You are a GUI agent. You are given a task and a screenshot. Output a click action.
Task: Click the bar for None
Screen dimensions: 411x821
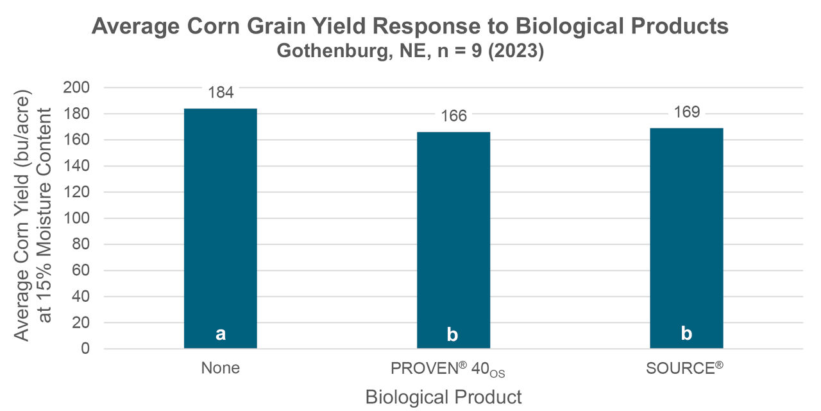point(220,228)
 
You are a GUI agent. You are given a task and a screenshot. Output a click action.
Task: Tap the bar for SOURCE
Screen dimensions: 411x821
point(686,238)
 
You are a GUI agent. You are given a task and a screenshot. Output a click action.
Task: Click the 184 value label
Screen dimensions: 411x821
point(221,92)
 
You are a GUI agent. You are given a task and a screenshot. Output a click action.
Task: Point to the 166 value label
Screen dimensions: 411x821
point(453,116)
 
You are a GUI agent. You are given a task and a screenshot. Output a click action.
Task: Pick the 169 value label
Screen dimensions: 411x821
point(686,113)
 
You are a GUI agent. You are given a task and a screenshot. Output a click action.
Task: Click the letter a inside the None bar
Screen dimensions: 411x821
point(221,334)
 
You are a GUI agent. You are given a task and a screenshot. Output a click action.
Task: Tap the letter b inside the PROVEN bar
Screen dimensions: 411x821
point(453,335)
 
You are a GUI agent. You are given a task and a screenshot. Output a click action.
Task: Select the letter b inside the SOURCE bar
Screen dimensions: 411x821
point(686,334)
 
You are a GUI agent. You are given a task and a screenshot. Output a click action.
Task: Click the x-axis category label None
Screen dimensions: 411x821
point(220,369)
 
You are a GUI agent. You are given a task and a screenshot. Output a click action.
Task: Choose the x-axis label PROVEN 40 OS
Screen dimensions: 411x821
point(452,370)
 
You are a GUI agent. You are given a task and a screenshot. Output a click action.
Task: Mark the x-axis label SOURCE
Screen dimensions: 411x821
point(684,369)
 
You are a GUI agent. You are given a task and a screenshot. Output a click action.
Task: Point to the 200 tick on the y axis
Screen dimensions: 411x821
point(81,87)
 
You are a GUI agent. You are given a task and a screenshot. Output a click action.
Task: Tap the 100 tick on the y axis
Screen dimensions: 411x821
point(81,218)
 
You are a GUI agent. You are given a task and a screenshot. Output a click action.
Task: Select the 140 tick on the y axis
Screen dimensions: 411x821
point(81,166)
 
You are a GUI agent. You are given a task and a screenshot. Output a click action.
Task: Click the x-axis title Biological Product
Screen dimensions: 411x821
point(443,397)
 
